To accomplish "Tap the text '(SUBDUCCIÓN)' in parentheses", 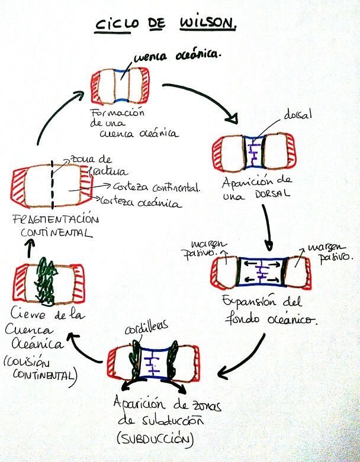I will tap(156, 439).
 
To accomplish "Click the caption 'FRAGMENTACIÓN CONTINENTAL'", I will tap(56, 225).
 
